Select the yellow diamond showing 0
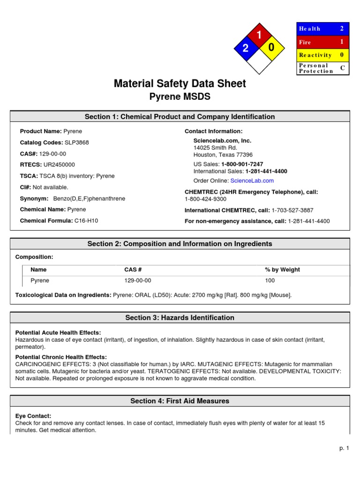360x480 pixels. click(x=271, y=48)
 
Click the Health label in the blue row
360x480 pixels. click(x=310, y=29)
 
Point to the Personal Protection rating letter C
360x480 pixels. click(x=342, y=68)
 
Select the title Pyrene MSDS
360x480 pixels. click(x=180, y=97)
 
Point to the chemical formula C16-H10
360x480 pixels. click(x=86, y=221)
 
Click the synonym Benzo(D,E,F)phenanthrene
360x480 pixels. click(x=89, y=198)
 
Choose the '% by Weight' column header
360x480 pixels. click(x=282, y=270)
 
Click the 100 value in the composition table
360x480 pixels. click(x=270, y=281)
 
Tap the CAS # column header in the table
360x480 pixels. click(x=133, y=270)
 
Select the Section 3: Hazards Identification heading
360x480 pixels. click(x=180, y=318)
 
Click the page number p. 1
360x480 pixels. click(x=345, y=449)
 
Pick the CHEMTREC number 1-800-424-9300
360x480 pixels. click(x=204, y=199)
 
